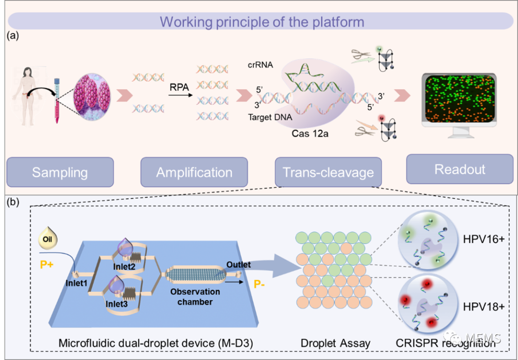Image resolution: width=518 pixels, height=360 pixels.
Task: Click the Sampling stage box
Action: tap(60, 172)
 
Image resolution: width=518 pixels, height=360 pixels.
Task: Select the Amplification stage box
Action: tap(194, 172)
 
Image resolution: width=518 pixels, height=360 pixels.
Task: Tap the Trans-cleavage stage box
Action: tap(328, 172)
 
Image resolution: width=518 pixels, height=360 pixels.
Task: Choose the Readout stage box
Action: tap(459, 169)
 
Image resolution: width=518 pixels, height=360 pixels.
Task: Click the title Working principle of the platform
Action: tap(261, 22)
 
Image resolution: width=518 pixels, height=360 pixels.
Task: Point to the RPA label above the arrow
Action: tap(179, 87)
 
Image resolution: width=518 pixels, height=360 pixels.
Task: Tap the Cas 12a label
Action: tap(310, 133)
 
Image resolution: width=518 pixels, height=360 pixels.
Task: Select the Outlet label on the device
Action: tap(238, 265)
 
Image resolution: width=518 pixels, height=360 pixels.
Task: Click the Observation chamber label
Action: tap(194, 296)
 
